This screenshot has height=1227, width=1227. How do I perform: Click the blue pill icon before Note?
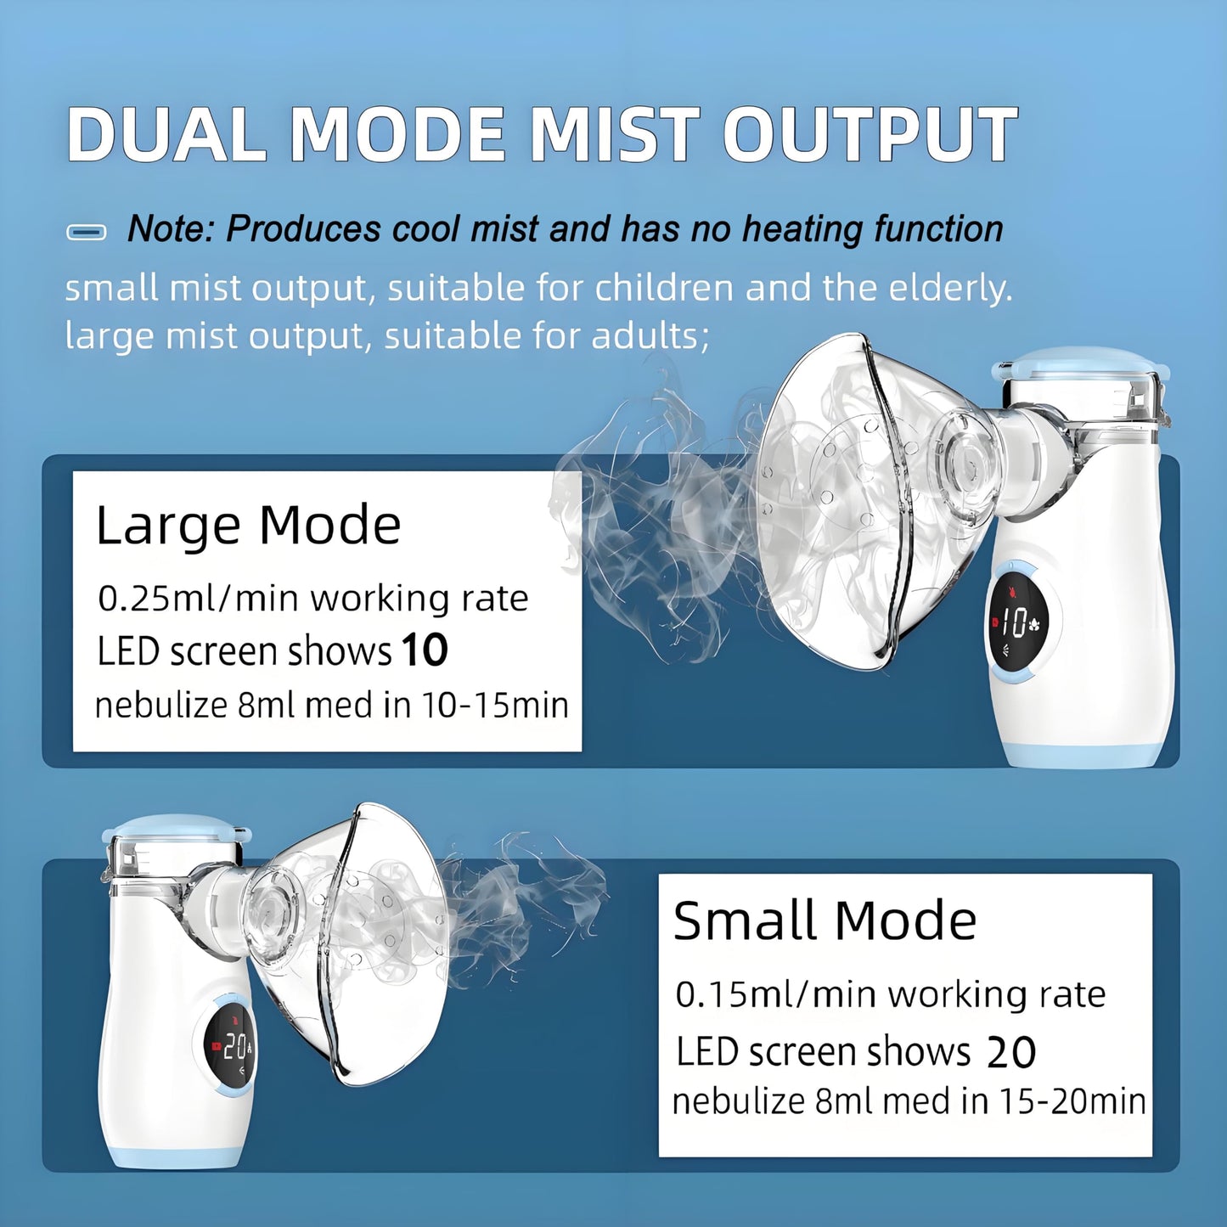click(87, 232)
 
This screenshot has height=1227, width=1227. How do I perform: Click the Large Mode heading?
click(248, 526)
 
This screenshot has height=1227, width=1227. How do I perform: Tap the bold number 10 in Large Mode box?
click(425, 651)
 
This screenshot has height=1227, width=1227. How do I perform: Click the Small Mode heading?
click(825, 920)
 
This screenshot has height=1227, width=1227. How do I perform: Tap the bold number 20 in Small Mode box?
click(1010, 1053)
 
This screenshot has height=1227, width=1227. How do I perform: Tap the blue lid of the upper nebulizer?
click(1080, 364)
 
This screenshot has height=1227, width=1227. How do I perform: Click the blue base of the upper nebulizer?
click(1087, 755)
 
